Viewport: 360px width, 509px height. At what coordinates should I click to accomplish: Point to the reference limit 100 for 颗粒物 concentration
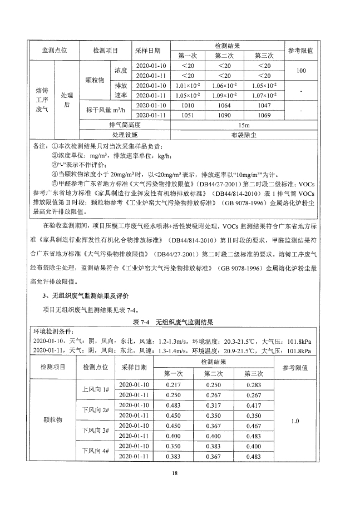301,71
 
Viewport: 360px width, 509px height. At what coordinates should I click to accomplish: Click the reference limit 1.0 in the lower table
294,421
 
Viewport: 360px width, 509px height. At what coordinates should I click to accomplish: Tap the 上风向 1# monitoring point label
95,389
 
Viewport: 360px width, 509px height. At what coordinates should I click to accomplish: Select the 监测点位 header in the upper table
55,50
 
